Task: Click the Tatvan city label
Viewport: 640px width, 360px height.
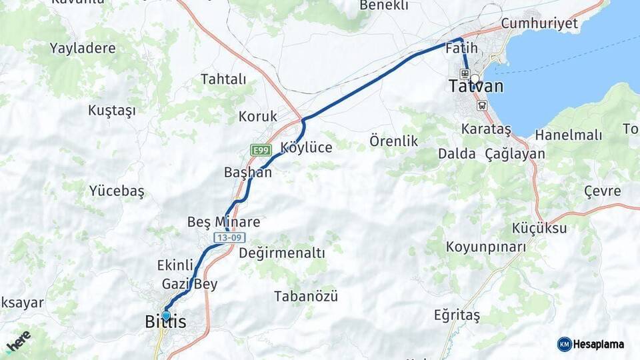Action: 475,87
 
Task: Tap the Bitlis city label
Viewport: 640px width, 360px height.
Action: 165,322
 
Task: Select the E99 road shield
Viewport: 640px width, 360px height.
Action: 260,151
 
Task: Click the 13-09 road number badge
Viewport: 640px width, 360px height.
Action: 229,237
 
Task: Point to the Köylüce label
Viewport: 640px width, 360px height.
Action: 306,147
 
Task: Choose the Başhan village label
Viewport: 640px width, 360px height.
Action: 248,172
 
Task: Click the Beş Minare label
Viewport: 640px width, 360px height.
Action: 223,221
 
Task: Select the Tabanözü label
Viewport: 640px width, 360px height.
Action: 306,296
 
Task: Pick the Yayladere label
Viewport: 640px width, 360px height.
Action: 83,48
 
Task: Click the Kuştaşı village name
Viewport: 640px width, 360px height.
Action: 111,111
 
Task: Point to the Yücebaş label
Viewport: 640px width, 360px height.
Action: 117,191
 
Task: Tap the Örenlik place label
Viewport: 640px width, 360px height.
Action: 393,141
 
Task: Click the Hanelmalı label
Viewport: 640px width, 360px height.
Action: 568,135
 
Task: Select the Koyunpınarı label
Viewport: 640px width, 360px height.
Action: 485,247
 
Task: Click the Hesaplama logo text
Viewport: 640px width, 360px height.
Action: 599,344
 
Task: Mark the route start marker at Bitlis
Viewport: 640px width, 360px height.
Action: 166,315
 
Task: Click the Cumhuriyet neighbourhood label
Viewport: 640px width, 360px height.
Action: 539,23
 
